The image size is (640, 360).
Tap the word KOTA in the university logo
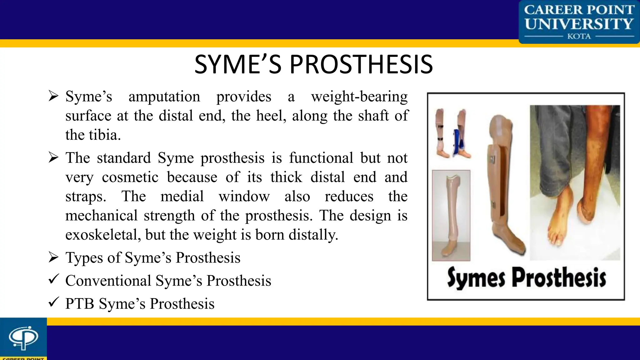tap(579, 37)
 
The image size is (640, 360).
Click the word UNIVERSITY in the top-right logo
tap(579, 24)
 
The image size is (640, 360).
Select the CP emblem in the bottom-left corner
tap(23, 337)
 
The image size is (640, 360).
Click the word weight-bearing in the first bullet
tap(359, 97)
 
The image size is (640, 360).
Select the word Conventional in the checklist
tap(108, 281)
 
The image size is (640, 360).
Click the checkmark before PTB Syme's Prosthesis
tap(54, 302)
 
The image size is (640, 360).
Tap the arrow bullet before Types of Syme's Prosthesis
tap(54, 257)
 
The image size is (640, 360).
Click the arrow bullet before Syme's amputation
tap(54, 96)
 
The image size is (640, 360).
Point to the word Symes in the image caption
tap(476, 277)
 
